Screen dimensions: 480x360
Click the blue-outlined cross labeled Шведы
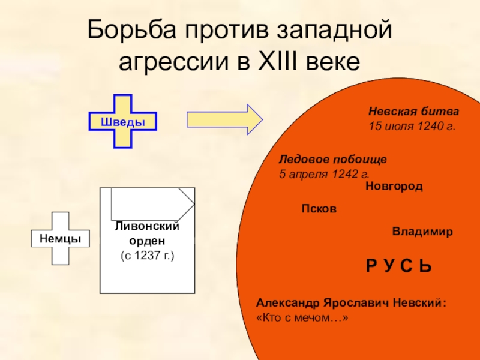(122, 121)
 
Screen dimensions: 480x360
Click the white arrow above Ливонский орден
(152, 204)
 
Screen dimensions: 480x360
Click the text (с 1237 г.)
(147, 256)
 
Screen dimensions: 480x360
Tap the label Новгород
(394, 187)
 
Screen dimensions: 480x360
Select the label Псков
(318, 209)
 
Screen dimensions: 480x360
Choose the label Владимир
(422, 232)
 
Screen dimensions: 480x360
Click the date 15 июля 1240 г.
(412, 127)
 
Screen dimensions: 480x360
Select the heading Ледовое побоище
(333, 160)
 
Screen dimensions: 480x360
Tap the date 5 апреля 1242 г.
(324, 174)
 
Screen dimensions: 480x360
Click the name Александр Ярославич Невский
(351, 303)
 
